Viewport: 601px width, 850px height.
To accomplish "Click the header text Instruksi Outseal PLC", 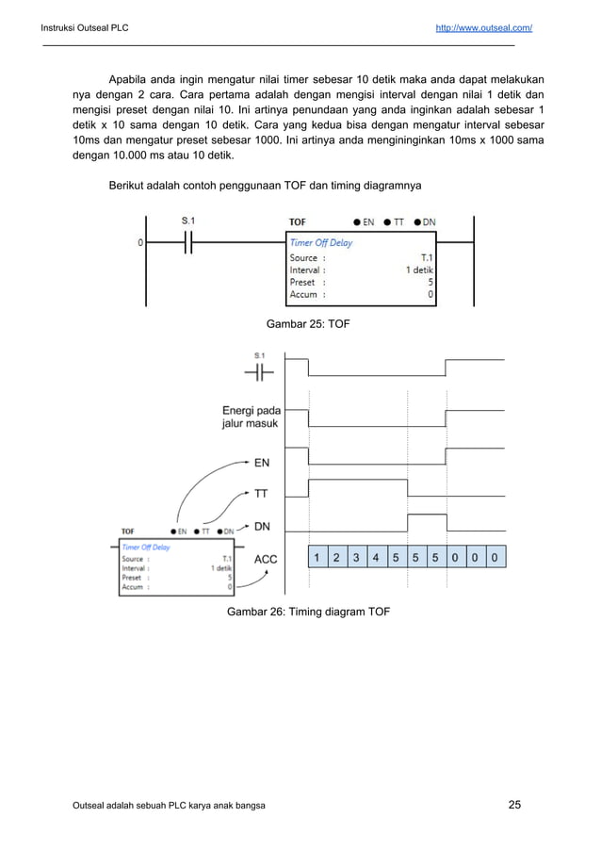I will click(85, 28).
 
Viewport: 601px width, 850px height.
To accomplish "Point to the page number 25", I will click(514, 804).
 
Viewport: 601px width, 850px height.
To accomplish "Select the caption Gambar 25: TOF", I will click(309, 324).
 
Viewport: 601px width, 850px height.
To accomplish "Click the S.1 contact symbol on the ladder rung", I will click(187, 242).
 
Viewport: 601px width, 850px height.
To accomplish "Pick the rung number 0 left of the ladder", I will click(140, 242).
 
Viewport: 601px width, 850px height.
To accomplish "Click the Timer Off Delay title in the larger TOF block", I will click(321, 242).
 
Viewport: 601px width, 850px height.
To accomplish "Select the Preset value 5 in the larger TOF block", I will click(430, 282).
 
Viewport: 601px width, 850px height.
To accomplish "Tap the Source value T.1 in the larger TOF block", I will click(427, 257).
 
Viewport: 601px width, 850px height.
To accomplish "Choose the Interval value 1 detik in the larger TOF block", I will click(419, 270).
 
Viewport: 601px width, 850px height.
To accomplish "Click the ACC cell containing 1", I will click(317, 558).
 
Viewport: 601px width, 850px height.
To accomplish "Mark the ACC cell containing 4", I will click(376, 558).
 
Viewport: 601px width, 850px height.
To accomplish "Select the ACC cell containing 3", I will click(356, 558).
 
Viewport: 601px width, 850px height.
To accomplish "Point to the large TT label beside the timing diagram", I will click(263, 493).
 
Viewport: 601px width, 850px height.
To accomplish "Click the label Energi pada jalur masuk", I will click(252, 417).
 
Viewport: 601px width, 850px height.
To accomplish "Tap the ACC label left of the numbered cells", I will click(266, 559).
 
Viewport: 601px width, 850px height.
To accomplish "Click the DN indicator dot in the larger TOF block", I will click(416, 222).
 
